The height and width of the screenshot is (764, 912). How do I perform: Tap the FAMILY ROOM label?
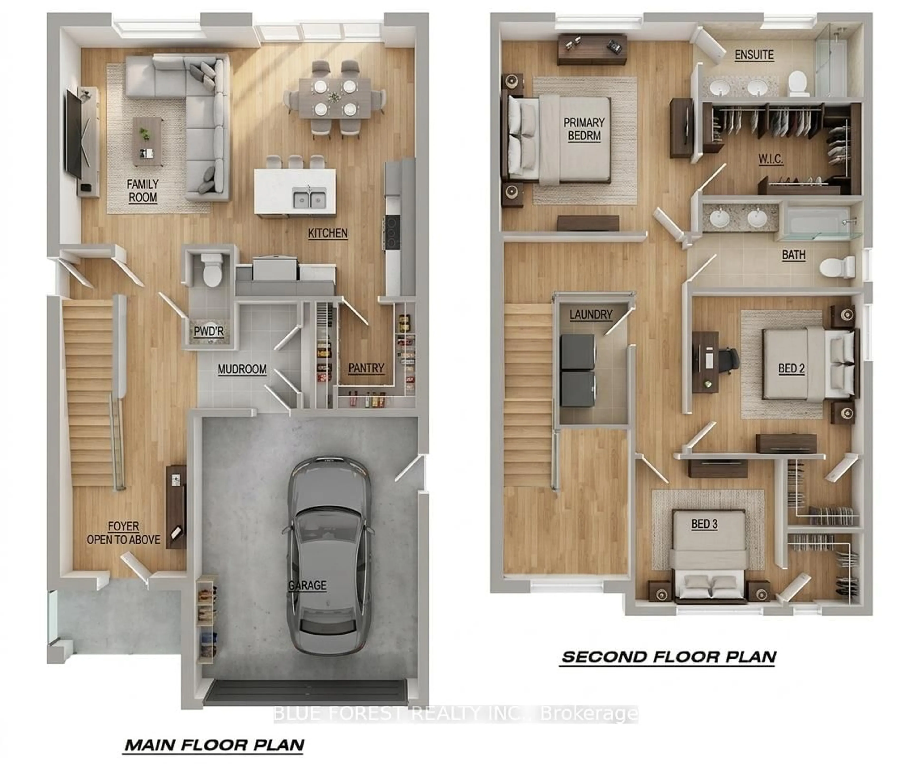(142, 191)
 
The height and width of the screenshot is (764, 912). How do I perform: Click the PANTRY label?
(366, 368)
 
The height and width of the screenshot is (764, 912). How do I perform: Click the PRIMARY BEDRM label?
(584, 129)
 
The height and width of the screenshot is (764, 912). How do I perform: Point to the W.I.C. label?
(770, 159)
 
